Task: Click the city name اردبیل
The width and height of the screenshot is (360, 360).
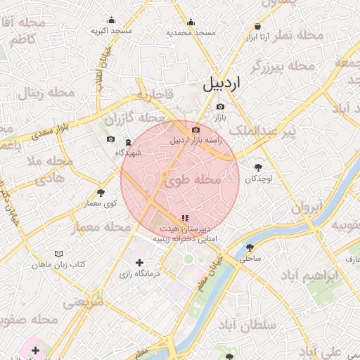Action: tap(221, 84)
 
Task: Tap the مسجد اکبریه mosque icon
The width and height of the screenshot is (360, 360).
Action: tap(111, 21)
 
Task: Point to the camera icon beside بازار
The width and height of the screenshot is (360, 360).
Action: tap(220, 106)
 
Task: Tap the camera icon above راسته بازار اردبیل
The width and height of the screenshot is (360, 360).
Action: tap(195, 130)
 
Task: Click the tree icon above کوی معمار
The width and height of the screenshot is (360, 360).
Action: tap(101, 192)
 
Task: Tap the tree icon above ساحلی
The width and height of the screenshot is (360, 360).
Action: tap(250, 247)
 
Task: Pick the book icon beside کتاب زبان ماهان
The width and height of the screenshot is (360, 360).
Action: tap(58, 253)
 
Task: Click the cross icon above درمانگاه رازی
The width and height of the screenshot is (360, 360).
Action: tap(139, 262)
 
